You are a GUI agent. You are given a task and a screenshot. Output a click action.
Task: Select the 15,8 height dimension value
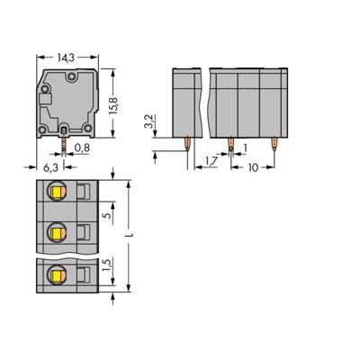[112, 94]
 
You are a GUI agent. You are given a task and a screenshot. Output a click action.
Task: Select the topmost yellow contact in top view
[57, 190]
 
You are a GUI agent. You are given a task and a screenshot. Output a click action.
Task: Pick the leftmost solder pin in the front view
[185, 142]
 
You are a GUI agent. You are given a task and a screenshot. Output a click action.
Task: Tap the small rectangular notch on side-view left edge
[40, 94]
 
